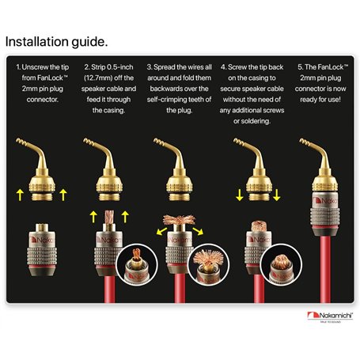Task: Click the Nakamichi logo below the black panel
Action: coord(330,316)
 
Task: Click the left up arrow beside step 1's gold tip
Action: coord(20,195)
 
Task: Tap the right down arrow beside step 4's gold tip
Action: coord(276,195)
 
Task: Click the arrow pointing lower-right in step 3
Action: coord(198,231)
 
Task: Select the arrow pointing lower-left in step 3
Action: coord(161,231)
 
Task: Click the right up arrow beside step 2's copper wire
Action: coord(125,217)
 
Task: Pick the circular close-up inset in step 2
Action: coord(137,264)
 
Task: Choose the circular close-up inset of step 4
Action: coord(281,264)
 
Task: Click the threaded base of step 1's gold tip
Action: coord(42,197)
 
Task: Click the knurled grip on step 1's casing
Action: coord(42,256)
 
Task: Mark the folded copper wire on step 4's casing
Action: coord(259,226)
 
